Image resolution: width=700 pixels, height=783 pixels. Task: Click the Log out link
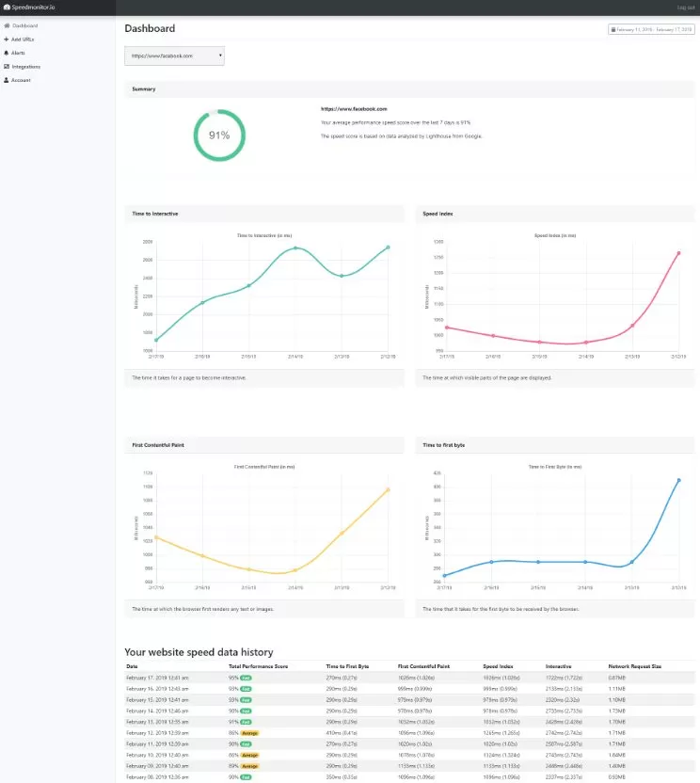pyautogui.click(x=686, y=8)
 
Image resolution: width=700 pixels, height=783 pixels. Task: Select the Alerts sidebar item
pyautogui.click(x=20, y=53)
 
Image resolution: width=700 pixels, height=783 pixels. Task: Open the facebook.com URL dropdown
pyautogui.click(x=175, y=56)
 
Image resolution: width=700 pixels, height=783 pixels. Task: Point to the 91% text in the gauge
pyautogui.click(x=219, y=136)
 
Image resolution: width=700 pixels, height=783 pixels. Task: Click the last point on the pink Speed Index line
pyautogui.click(x=677, y=253)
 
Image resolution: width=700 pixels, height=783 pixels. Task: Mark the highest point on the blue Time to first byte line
pyautogui.click(x=677, y=480)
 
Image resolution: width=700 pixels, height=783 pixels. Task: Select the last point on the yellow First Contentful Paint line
pyautogui.click(x=388, y=489)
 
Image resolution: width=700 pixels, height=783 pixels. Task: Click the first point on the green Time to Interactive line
pyautogui.click(x=157, y=341)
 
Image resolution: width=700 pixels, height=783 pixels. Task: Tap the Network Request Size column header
pyautogui.click(x=635, y=666)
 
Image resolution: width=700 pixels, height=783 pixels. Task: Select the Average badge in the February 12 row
pyautogui.click(x=249, y=731)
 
